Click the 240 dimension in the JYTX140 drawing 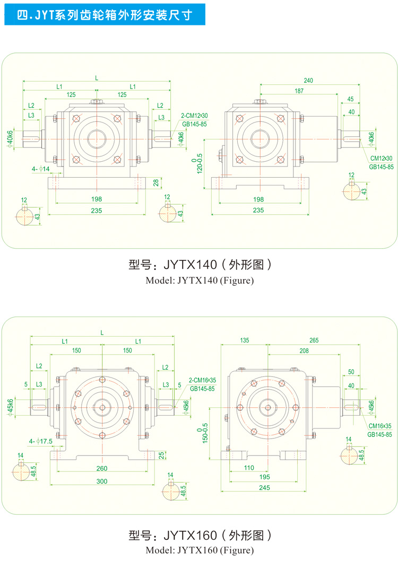point(308,81)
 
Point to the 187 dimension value point(299,91)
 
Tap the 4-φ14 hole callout point(40,169)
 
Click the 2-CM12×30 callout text point(195,115)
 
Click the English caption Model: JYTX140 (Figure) point(200,280)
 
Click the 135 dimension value point(244,340)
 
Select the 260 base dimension point(102,468)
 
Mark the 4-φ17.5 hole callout point(41,441)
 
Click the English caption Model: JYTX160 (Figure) point(200,550)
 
